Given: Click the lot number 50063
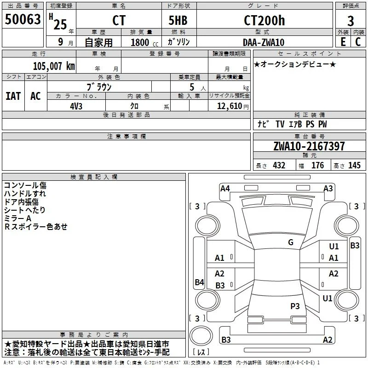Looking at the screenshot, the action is click(x=23, y=19).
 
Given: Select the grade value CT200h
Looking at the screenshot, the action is click(x=264, y=20).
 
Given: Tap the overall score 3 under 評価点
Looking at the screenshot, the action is click(x=351, y=21).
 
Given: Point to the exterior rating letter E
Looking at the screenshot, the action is click(x=343, y=42).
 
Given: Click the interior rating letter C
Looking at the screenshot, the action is click(x=358, y=42).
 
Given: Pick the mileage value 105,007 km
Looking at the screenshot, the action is click(x=54, y=66).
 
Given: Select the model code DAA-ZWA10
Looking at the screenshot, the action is click(x=264, y=42).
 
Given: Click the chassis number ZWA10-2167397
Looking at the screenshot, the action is click(x=309, y=146).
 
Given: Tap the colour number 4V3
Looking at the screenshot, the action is click(x=76, y=106).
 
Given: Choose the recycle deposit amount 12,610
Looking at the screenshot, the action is click(x=230, y=106).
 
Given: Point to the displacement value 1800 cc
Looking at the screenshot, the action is click(x=144, y=42).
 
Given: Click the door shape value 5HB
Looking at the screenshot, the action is click(x=178, y=20).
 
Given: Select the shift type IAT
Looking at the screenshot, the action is click(x=13, y=96).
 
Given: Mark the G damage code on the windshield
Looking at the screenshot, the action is click(x=291, y=242).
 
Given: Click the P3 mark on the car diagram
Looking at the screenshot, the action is click(x=295, y=306).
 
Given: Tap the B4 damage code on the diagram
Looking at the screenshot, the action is click(x=200, y=282).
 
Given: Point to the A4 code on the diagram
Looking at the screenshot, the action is click(x=225, y=189).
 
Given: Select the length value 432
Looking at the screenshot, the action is click(x=279, y=165).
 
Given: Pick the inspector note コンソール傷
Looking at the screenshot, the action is click(x=25, y=185).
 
